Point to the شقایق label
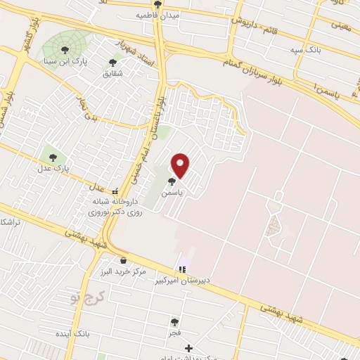tap(112, 73)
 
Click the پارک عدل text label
tap(56, 167)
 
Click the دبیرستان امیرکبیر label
tap(183, 280)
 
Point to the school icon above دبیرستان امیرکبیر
tap(183, 269)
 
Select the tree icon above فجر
tap(174, 322)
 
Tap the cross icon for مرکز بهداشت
tap(188, 348)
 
